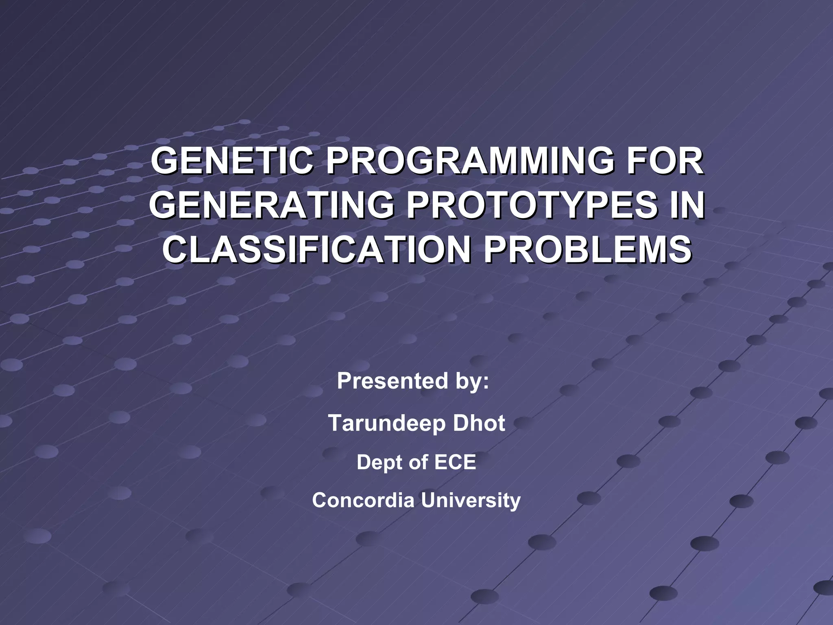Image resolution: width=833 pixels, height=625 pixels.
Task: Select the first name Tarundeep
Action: (x=382, y=423)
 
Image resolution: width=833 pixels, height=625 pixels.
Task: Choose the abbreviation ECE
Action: (x=455, y=462)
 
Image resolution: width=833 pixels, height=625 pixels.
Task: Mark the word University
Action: (x=471, y=500)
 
